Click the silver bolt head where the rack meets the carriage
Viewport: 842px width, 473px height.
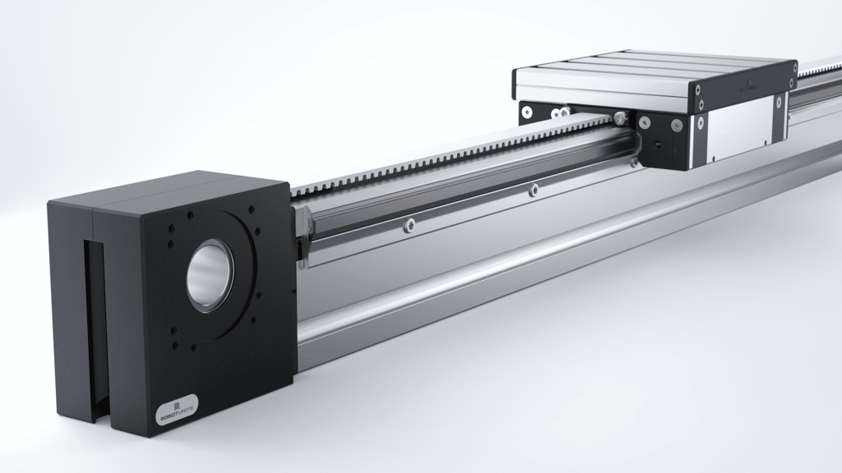618,120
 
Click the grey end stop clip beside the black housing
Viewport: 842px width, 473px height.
303,222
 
